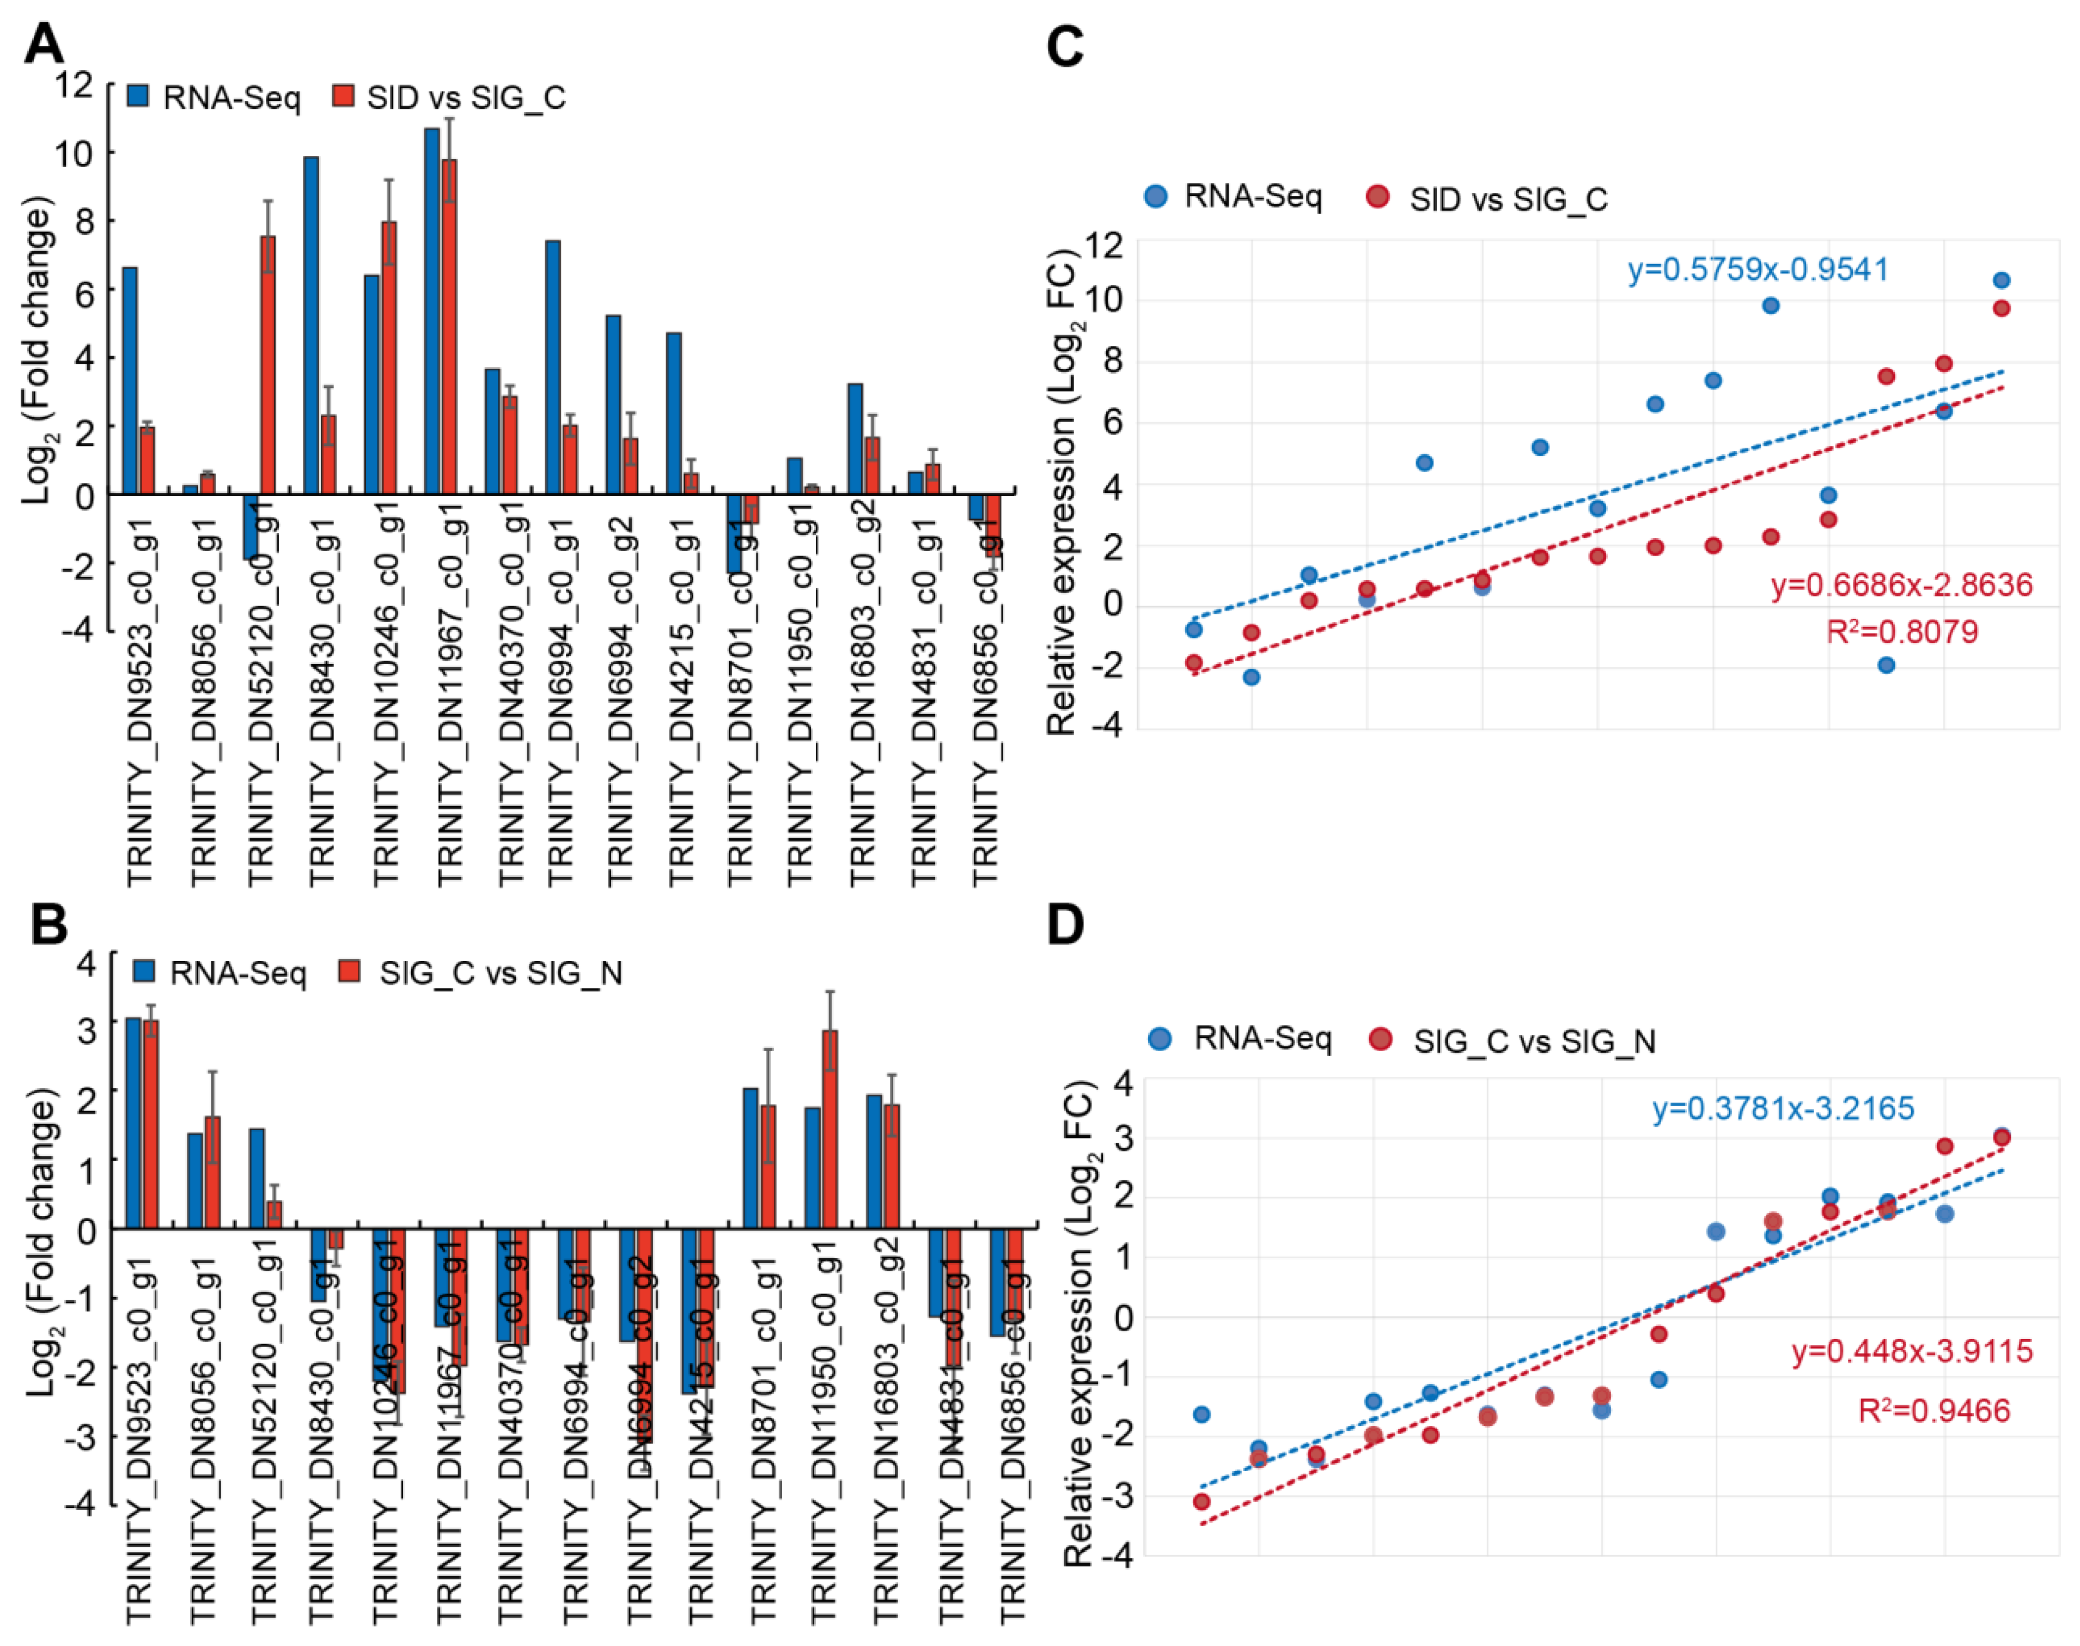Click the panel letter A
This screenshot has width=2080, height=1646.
44,44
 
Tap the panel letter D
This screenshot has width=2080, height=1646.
1065,923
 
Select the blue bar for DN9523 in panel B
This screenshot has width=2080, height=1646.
133,1123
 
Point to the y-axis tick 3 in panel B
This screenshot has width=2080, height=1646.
87,1029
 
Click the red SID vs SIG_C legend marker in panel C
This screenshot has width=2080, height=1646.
1377,198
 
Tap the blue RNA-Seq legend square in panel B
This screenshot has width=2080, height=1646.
144,971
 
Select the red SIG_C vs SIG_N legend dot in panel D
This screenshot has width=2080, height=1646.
1381,1039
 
